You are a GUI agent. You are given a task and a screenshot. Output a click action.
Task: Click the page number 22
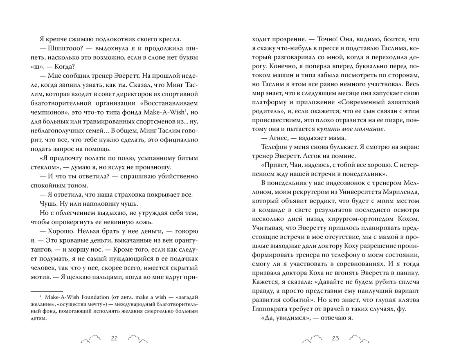115,338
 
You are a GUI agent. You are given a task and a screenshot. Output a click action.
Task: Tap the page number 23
336,338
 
